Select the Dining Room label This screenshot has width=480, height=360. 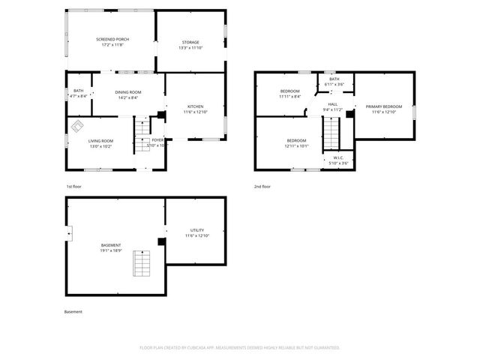127,94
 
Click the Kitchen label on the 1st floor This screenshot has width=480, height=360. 195,109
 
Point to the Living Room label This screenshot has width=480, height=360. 100,143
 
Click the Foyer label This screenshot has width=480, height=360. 157,142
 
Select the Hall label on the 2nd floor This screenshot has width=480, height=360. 332,106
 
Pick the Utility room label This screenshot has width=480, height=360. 196,232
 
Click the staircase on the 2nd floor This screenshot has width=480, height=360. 331,136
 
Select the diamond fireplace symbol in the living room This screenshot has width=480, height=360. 76,128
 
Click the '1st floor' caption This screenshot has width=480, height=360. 73,186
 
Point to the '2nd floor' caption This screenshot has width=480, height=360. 262,186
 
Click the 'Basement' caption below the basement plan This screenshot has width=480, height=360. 73,311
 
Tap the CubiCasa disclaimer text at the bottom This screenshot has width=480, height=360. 240,347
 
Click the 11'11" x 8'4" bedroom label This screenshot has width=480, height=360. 289,94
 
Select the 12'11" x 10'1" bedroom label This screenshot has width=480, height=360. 296,143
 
